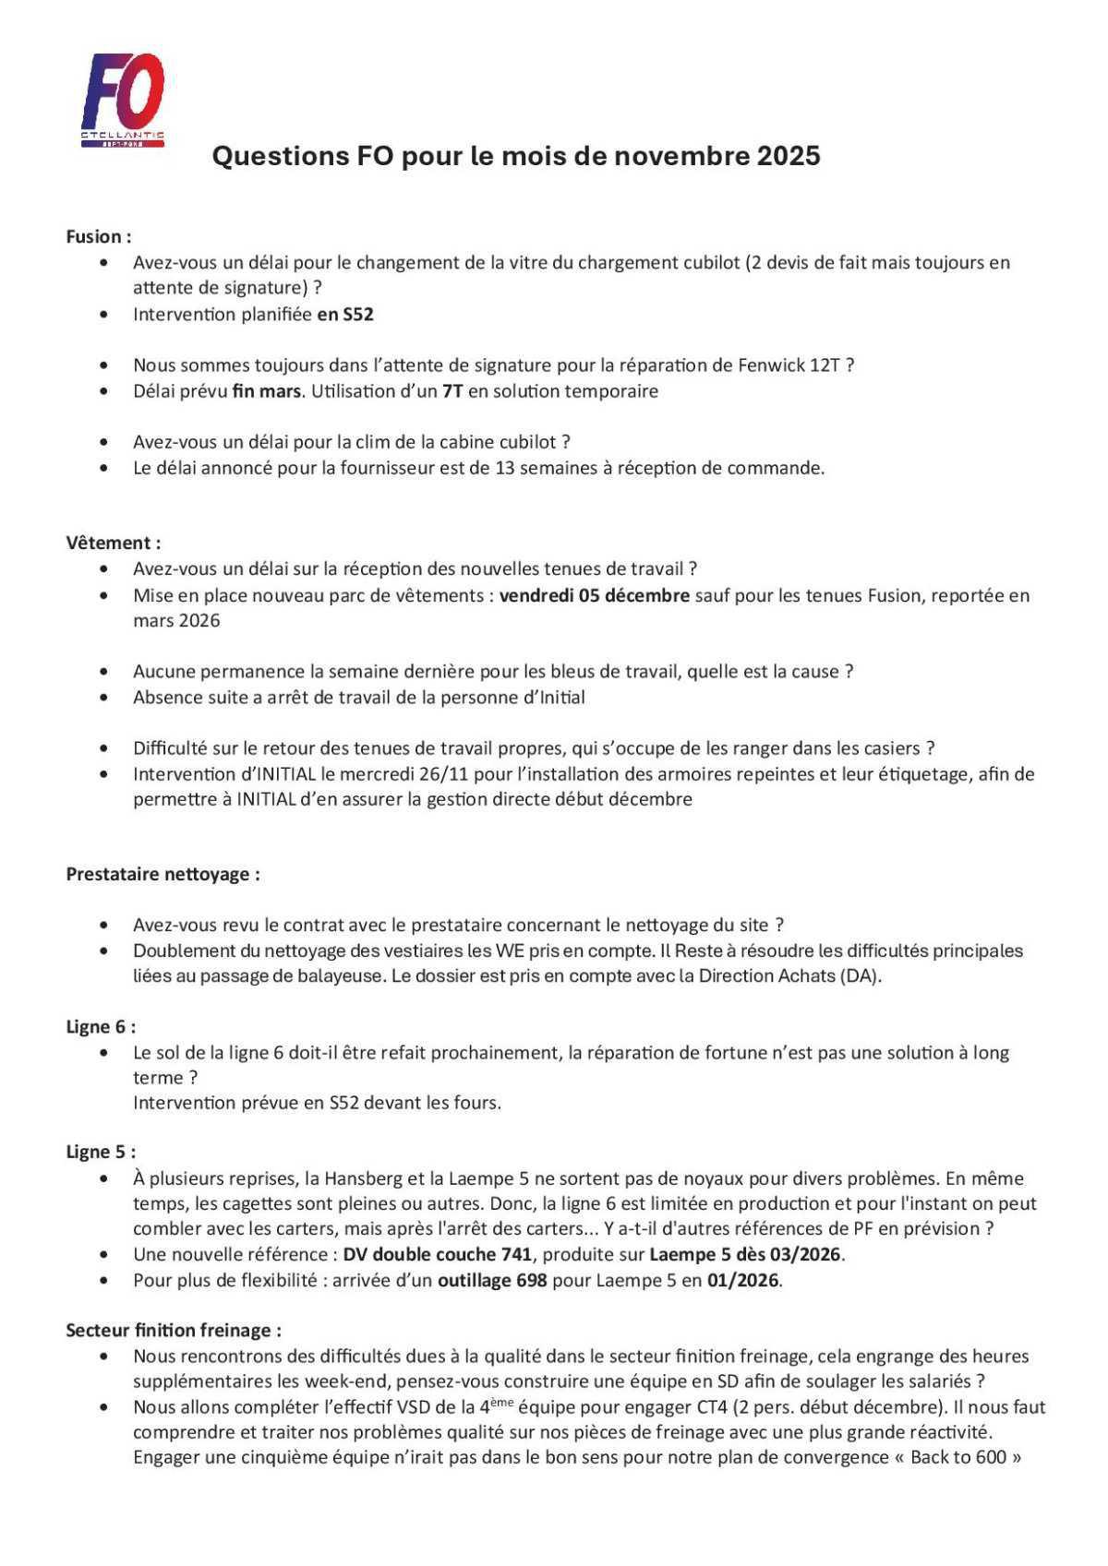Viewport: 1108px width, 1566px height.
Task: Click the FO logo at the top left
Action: click(x=123, y=99)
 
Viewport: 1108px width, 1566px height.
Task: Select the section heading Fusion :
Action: click(x=98, y=236)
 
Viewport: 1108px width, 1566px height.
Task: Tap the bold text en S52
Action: click(x=345, y=314)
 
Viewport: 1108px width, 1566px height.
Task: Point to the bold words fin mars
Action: click(x=266, y=390)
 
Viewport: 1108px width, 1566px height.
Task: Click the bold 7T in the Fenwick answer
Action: click(x=452, y=390)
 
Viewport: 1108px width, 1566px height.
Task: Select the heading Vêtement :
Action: click(x=113, y=543)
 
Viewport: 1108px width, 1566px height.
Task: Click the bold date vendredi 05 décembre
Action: click(x=594, y=595)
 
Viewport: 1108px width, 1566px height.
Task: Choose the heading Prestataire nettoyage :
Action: click(x=163, y=874)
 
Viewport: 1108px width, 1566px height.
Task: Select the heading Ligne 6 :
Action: click(x=101, y=1026)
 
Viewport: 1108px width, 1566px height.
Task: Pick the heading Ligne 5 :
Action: click(x=101, y=1152)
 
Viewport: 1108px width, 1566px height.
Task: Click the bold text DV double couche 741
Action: click(x=437, y=1254)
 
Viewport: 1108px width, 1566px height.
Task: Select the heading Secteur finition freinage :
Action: click(x=174, y=1330)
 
